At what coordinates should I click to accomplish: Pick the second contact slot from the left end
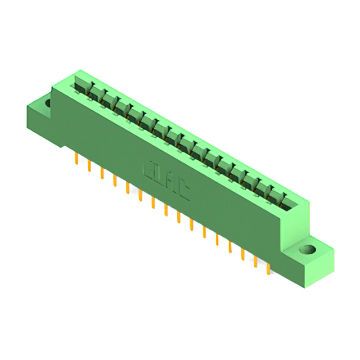93,93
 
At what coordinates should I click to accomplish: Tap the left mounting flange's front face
40,123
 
